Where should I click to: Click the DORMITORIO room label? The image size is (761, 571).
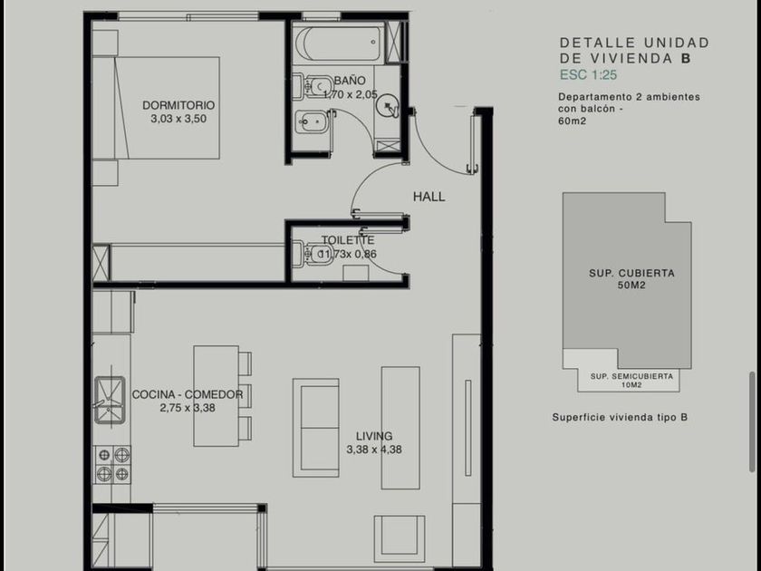(178, 105)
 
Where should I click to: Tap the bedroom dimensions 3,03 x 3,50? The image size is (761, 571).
(178, 119)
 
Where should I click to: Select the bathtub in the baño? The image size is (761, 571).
(339, 44)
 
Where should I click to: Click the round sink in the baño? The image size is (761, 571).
(389, 106)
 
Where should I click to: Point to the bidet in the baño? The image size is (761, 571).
(311, 121)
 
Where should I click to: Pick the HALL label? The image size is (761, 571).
(429, 197)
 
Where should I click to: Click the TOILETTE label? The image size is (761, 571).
(348, 240)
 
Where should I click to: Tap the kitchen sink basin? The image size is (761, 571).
(110, 400)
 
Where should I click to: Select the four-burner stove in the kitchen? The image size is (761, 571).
(112, 465)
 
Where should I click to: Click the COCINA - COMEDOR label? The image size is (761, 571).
(188, 394)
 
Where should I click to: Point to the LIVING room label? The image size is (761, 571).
(374, 436)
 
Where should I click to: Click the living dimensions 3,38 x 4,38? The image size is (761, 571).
(374, 450)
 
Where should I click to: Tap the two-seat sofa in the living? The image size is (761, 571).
(316, 428)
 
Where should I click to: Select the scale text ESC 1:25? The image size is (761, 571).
(588, 74)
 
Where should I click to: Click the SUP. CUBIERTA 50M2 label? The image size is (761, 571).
(632, 279)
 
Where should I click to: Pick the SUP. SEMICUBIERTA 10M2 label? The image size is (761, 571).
(632, 380)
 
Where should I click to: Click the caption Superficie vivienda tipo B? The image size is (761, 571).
(620, 417)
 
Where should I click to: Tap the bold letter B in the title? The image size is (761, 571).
(686, 59)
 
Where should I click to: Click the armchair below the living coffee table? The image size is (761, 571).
(400, 538)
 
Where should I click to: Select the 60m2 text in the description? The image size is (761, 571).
(573, 121)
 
